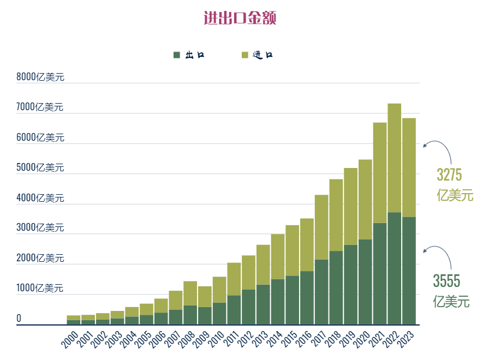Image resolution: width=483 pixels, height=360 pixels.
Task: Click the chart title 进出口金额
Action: tap(240, 18)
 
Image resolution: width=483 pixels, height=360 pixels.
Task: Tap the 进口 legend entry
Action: tap(257, 55)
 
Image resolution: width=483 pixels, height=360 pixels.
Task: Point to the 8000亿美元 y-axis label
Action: tap(40, 77)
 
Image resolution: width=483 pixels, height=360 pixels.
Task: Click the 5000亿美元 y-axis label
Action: tap(40, 167)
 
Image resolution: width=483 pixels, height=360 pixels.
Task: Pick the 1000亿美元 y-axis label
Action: tap(40, 287)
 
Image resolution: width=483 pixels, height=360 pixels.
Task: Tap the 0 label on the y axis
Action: tap(19, 318)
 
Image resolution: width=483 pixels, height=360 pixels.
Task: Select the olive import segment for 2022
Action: tap(395, 158)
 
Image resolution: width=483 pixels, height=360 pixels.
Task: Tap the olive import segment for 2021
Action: tap(380, 173)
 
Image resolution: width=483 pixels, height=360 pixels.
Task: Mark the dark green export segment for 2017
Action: tap(321, 292)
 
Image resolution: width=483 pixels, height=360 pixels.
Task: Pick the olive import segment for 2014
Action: tap(278, 256)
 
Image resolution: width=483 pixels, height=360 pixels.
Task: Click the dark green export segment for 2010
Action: tap(219, 314)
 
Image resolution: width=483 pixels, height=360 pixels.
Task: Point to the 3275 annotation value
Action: tap(449, 175)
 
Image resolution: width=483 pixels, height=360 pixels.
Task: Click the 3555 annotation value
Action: tap(446, 281)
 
